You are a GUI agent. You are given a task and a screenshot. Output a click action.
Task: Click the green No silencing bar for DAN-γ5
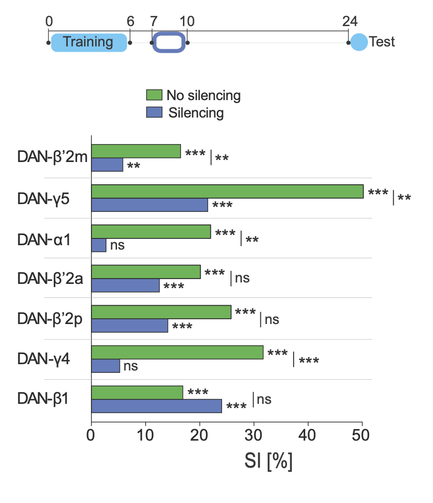(227, 192)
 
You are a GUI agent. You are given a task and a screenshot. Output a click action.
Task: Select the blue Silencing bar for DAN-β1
(157, 406)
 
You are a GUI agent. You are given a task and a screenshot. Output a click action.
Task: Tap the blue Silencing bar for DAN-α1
(99, 245)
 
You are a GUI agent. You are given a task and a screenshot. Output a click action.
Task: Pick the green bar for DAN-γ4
(178, 353)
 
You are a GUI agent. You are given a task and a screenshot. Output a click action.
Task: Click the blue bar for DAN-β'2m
(107, 165)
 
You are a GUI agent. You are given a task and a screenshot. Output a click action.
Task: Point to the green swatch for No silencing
(154, 95)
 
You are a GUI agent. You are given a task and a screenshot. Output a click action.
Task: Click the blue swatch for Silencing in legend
(154, 113)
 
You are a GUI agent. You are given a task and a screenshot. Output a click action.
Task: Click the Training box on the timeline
(89, 42)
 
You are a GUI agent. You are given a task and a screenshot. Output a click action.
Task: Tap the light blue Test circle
(359, 42)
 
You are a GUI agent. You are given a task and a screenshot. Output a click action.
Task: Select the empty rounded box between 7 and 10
(169, 42)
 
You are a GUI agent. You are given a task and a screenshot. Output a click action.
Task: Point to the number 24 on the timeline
(350, 21)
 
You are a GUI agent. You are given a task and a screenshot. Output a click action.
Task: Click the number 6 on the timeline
(130, 21)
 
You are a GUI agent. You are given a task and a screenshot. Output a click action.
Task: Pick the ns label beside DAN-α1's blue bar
(117, 245)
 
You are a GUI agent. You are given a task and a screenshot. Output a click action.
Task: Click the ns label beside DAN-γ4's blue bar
(131, 366)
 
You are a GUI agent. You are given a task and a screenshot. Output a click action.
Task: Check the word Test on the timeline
(382, 42)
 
